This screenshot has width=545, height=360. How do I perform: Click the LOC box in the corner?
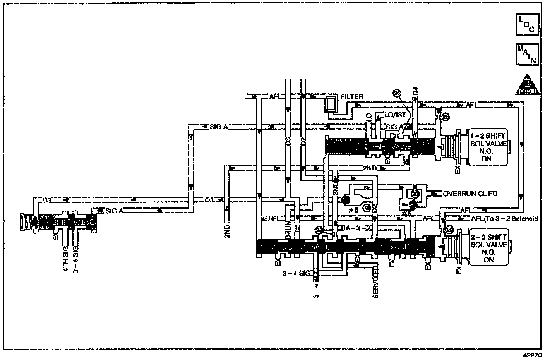point(526,25)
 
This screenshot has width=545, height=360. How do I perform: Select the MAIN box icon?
point(526,54)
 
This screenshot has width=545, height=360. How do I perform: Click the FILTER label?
point(351,96)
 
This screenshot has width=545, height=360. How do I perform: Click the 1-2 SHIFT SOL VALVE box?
point(488,147)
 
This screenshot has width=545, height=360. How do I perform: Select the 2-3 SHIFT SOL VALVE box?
point(488,248)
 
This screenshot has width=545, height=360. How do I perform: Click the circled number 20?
point(415,194)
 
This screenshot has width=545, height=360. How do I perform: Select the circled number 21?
point(367,208)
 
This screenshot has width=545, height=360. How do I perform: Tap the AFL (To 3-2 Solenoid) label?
point(505,219)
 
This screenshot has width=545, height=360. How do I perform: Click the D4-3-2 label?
point(356,227)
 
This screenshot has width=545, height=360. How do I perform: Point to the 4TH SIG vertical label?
point(66,259)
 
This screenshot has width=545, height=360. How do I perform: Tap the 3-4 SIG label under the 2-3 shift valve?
point(296,274)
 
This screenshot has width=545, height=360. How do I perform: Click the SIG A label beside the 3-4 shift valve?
point(114,211)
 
